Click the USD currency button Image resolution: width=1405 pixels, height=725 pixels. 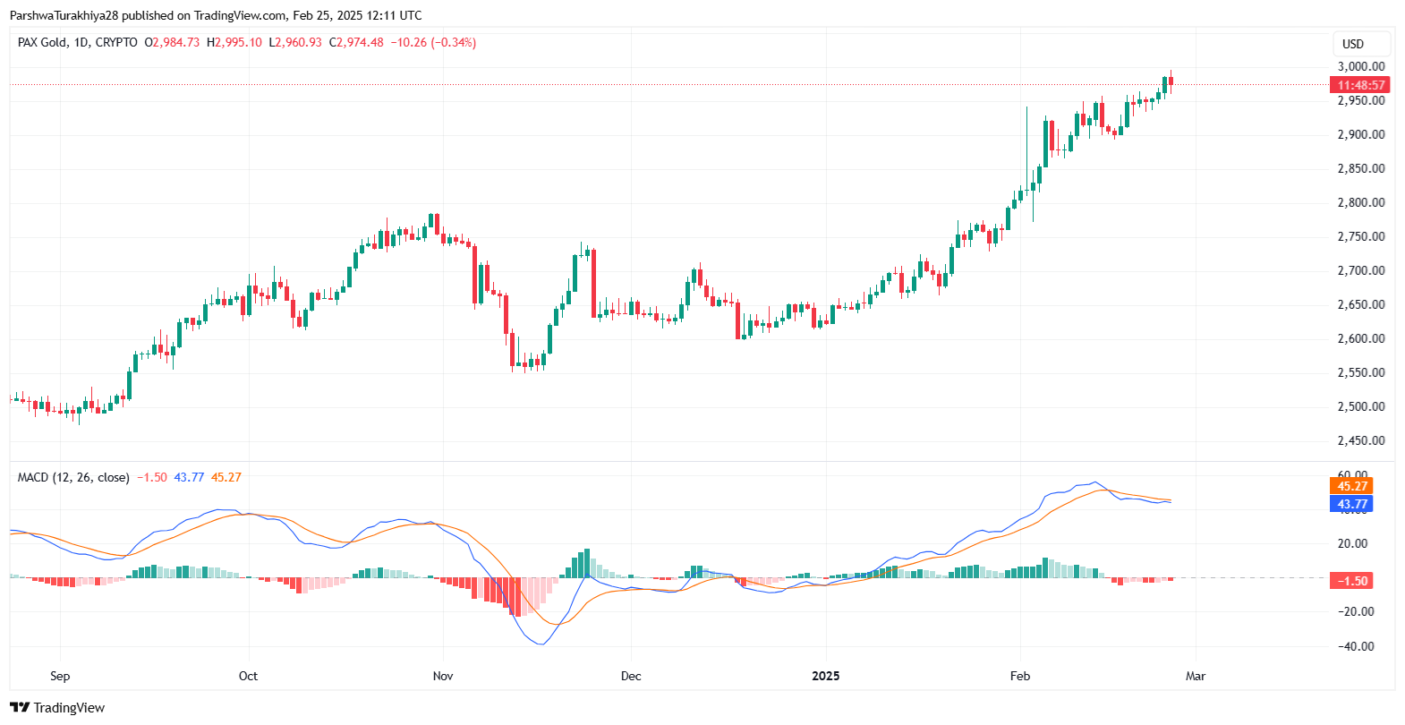[1353, 44]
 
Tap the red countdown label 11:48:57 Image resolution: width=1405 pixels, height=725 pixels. [1360, 85]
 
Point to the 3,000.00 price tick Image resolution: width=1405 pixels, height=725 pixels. [1360, 66]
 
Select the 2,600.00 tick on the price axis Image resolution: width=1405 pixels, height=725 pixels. [1360, 338]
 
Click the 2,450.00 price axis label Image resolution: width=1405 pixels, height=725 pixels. [1360, 440]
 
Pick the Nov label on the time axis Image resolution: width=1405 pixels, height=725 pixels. [443, 676]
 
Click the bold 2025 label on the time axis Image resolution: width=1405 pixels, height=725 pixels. [825, 676]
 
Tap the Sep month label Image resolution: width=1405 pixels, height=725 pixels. [60, 676]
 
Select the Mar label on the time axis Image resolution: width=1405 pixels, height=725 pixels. [1196, 676]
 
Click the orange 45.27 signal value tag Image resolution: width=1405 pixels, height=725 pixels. [1352, 486]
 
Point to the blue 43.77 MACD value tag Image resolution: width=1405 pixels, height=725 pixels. [1352, 504]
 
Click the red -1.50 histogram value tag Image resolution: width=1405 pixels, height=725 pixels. [1352, 581]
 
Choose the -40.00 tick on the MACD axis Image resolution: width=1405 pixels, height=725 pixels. [1356, 646]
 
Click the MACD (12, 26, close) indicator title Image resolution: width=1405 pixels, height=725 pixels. [73, 477]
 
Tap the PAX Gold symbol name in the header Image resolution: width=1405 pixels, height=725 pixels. [43, 42]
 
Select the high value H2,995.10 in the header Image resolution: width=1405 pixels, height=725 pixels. [234, 42]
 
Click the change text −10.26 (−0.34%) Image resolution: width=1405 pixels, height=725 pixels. [433, 42]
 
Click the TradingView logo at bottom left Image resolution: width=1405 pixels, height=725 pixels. [58, 708]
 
